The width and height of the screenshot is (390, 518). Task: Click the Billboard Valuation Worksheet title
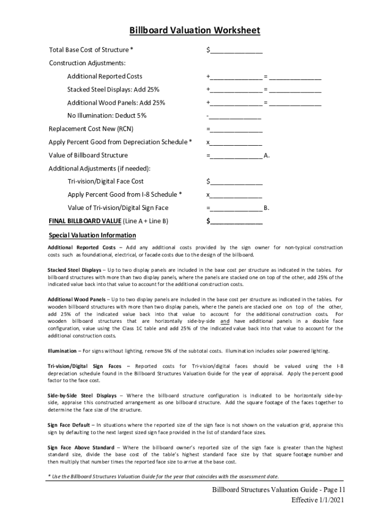(x=194, y=30)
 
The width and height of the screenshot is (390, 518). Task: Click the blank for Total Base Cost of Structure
(x=236, y=50)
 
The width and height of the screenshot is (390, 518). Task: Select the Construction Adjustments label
(x=87, y=63)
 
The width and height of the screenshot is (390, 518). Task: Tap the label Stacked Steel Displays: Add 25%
(x=113, y=90)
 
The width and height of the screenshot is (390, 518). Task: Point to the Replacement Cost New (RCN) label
(x=91, y=129)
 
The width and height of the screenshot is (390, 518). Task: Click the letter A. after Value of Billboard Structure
(x=267, y=155)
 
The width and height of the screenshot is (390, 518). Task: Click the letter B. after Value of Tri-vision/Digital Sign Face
(x=267, y=208)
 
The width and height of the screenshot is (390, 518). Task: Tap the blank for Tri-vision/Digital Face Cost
(x=236, y=182)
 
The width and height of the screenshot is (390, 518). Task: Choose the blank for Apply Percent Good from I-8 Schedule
(x=236, y=195)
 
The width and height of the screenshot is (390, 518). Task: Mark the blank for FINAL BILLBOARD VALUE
(x=236, y=221)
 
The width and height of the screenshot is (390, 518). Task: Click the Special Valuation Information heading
(x=92, y=235)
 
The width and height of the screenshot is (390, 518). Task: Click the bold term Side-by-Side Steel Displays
(x=82, y=395)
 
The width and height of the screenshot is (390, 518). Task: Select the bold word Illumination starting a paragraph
(x=62, y=351)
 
